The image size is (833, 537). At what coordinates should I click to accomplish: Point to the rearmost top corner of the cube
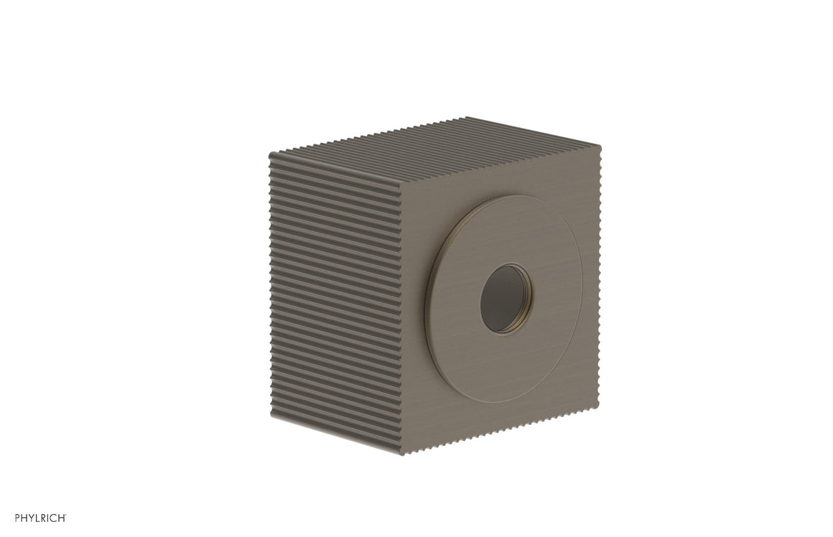(468, 118)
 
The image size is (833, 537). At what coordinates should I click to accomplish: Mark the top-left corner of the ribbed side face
(271, 154)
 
